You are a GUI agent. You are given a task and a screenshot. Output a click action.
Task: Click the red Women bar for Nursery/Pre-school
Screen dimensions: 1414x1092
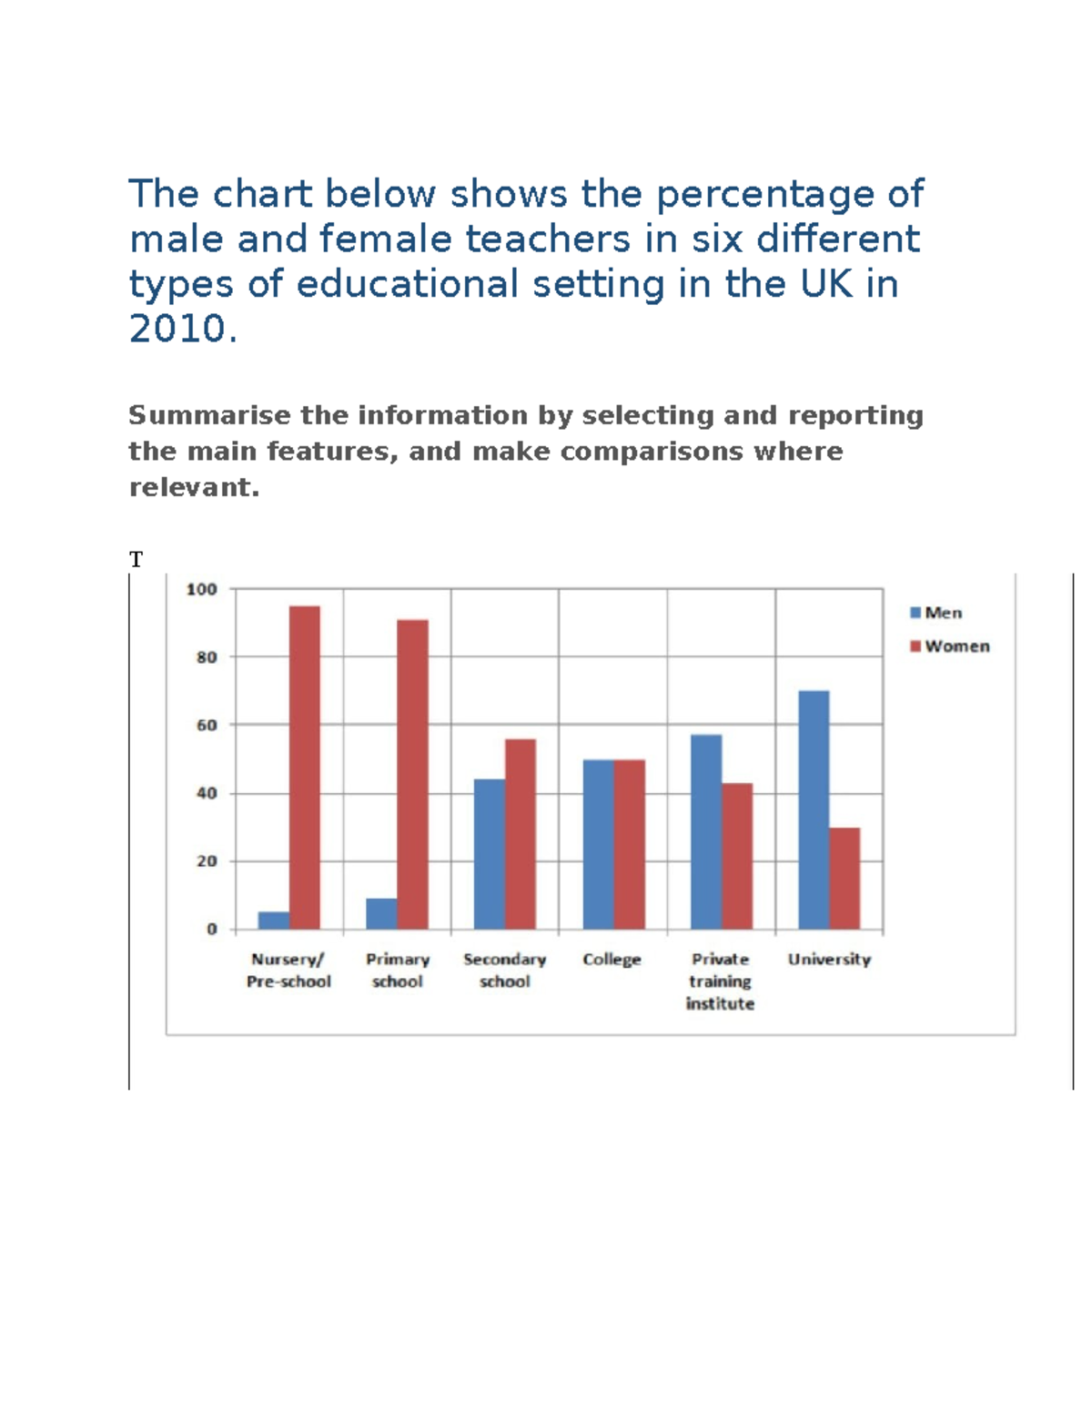pyautogui.click(x=304, y=768)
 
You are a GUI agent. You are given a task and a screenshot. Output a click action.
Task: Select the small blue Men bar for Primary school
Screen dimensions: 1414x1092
pyautogui.click(x=381, y=913)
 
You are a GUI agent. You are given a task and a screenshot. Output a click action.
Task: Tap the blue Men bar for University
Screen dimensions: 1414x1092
pyautogui.click(x=814, y=809)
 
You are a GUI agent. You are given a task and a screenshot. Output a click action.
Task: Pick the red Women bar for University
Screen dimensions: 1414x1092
pyautogui.click(x=844, y=878)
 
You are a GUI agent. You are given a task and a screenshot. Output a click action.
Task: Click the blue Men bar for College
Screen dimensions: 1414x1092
pyautogui.click(x=598, y=844)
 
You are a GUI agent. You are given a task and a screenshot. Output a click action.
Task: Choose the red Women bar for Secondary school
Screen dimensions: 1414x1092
pyautogui.click(x=521, y=834)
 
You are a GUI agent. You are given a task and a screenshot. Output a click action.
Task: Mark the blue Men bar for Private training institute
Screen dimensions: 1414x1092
pyautogui.click(x=706, y=831)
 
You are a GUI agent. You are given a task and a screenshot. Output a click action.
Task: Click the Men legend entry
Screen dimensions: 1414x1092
pyautogui.click(x=936, y=613)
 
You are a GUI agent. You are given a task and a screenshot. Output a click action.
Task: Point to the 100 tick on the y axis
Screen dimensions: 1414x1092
pyautogui.click(x=202, y=589)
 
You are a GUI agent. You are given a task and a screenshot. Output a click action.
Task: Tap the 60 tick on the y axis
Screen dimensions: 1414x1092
pyautogui.click(x=207, y=725)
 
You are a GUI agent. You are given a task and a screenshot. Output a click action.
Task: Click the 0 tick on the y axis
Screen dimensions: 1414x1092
pyautogui.click(x=212, y=929)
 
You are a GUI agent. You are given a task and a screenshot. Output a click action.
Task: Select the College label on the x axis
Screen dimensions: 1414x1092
pyautogui.click(x=612, y=960)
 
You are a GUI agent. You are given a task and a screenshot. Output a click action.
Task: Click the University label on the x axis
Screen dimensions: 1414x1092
pyautogui.click(x=829, y=960)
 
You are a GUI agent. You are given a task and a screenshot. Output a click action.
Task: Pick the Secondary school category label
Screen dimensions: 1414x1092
pyautogui.click(x=504, y=971)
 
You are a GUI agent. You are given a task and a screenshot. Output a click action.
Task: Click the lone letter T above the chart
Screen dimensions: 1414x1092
pyautogui.click(x=136, y=560)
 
